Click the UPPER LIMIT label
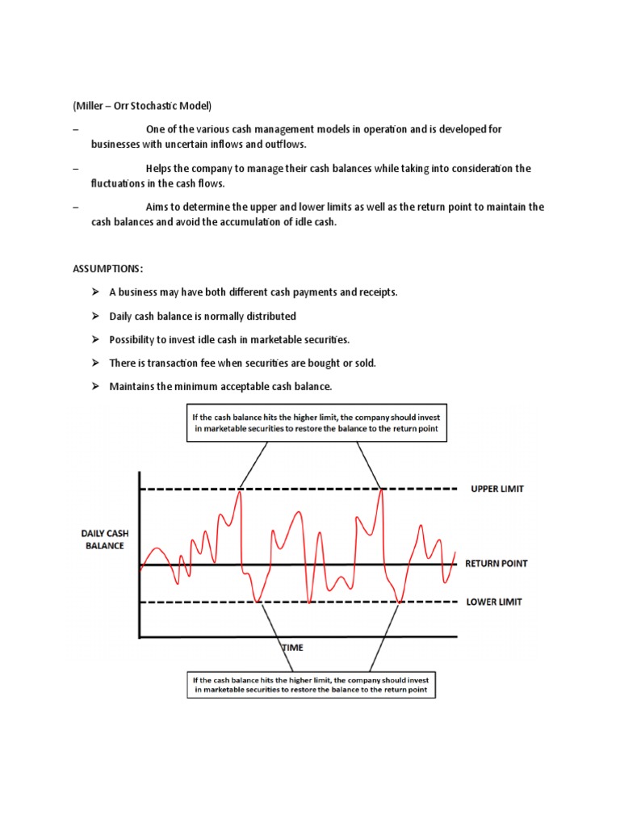(497, 489)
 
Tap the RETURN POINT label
(496, 564)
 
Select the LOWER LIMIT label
(494, 602)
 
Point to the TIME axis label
(293, 647)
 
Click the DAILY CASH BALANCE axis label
(104, 539)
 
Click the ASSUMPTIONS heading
(107, 268)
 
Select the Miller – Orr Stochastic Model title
(142, 106)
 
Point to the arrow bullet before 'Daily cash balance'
(94, 316)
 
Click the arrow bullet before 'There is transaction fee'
(94, 363)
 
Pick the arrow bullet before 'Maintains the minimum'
(94, 387)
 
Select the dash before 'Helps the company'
(75, 169)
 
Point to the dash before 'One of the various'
(75, 130)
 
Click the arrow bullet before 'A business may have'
(94, 292)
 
